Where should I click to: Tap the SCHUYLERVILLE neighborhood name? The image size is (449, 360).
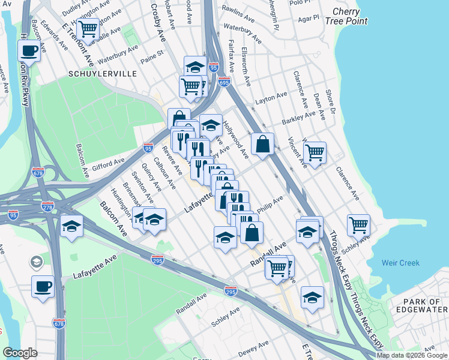click(103, 74)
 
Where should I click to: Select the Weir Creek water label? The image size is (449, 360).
click(400, 263)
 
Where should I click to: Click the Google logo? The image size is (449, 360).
click(20, 353)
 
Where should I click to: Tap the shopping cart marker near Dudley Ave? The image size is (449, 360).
click(88, 29)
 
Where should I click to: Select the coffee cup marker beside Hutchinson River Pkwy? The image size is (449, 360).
click(29, 50)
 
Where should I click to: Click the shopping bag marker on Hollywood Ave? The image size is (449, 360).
click(262, 143)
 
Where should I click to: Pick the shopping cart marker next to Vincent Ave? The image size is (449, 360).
click(315, 152)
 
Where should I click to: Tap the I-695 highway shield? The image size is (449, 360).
click(224, 82)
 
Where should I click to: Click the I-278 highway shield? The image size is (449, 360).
click(48, 207)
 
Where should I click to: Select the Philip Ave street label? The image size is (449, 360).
click(270, 205)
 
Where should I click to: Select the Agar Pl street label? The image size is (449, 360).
click(309, 19)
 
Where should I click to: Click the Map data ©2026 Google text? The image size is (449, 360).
click(412, 355)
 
